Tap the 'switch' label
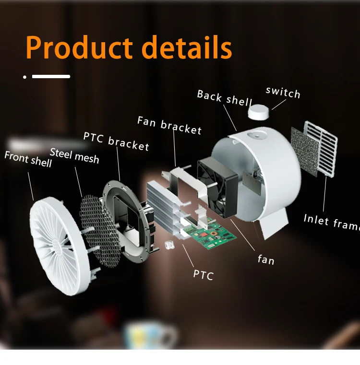283,92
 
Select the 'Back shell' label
224,98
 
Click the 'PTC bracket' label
116,141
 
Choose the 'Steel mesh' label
74,155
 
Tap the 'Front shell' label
28,159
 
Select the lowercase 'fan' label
266,259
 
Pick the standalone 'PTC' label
203,274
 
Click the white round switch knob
260,112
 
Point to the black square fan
217,183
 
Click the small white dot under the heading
24,76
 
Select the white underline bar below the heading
51,76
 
